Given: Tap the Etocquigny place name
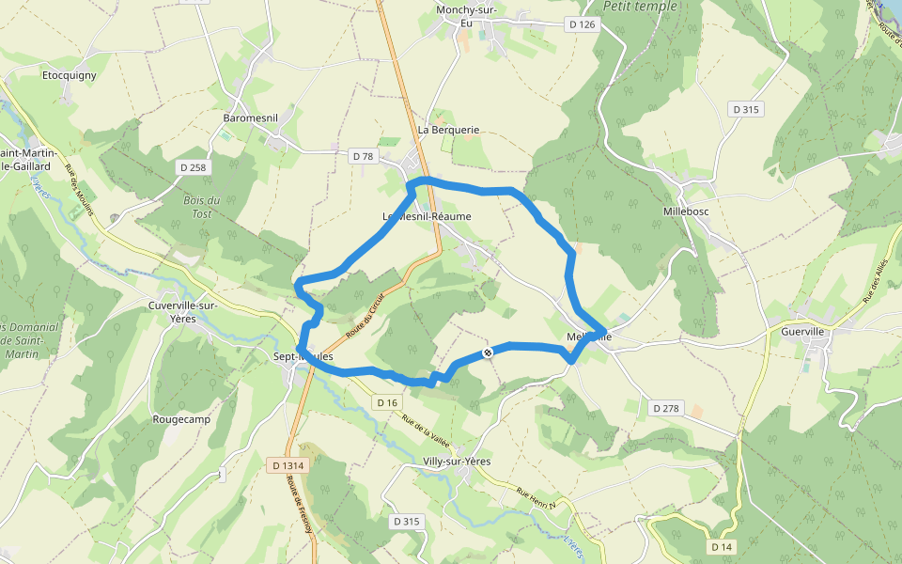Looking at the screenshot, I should (x=70, y=74).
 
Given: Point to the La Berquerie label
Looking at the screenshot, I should (x=449, y=130).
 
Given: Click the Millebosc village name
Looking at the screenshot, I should (x=687, y=211).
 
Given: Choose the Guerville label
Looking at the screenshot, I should (x=802, y=331).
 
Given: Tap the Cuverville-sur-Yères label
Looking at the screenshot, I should (x=184, y=312).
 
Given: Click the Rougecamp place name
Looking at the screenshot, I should (x=180, y=420).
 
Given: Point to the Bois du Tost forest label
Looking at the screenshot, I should (x=201, y=207).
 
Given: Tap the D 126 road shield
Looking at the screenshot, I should (x=582, y=23).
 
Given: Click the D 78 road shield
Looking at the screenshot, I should (x=362, y=156).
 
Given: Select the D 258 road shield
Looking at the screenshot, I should (x=193, y=167).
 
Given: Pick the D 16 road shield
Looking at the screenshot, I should (x=387, y=402).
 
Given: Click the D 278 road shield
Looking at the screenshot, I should (x=664, y=408).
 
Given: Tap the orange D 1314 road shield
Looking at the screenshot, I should (x=288, y=465).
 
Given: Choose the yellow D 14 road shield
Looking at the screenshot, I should (x=722, y=547).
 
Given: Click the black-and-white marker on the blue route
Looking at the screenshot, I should (x=488, y=352).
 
